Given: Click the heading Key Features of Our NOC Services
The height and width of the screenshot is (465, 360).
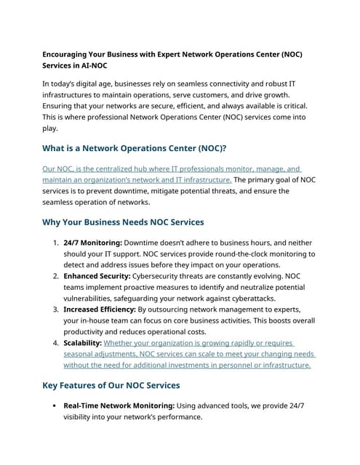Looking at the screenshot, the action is click(x=111, y=385).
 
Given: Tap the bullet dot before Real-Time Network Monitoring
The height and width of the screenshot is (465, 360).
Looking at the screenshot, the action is click(x=55, y=406).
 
